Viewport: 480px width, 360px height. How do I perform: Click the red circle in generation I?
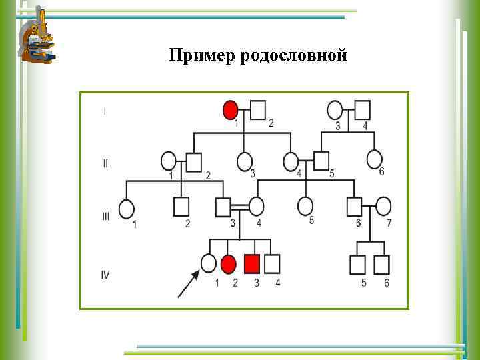tap(230, 109)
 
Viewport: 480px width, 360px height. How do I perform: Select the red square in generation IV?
tap(251, 264)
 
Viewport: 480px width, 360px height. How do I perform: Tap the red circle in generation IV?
tap(229, 265)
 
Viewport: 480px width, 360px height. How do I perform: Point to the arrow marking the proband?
tap(188, 283)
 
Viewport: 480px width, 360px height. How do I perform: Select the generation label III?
tap(105, 217)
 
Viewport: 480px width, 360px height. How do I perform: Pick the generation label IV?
tap(105, 273)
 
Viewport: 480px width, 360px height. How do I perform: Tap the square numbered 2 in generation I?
tap(258, 109)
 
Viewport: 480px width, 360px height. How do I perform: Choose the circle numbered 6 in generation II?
tap(375, 160)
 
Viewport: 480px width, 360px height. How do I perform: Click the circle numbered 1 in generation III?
tap(127, 209)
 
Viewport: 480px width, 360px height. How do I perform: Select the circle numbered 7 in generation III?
tap(383, 207)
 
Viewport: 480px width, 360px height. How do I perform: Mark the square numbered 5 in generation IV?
tap(358, 265)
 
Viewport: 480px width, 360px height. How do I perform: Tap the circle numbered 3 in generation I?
tap(335, 109)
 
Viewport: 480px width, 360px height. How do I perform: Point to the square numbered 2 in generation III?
tap(181, 207)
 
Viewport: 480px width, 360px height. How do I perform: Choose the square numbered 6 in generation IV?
tap(381, 265)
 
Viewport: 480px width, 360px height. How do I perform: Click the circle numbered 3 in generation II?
tap(245, 161)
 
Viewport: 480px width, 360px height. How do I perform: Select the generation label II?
tap(105, 163)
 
